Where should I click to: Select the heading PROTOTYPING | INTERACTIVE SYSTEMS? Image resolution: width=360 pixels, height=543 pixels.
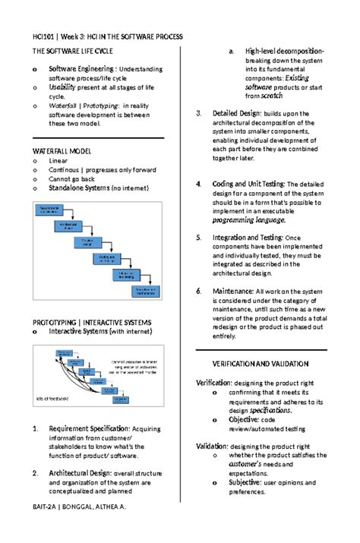[91, 322]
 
